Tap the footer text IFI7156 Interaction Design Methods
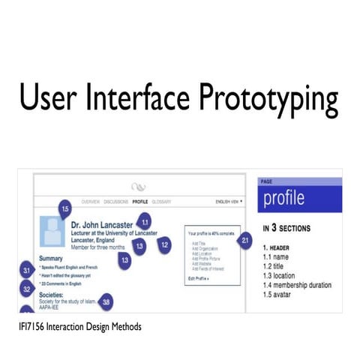point(80,326)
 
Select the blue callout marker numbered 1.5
point(65,208)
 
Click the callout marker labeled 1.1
point(145,221)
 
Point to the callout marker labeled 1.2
point(164,244)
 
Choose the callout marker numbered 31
point(27,271)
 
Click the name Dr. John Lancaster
point(102,223)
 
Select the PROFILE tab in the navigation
point(139,202)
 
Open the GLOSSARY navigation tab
point(162,202)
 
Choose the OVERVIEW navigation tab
point(90,202)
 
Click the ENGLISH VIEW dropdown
point(229,202)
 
